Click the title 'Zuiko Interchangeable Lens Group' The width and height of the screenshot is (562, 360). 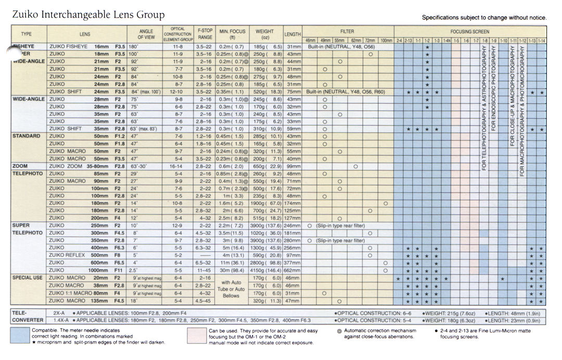88,15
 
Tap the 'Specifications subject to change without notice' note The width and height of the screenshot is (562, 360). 484,18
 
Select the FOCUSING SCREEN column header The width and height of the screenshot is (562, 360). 469,32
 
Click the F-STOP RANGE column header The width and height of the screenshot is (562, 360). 205,34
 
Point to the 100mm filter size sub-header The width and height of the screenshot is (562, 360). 386,40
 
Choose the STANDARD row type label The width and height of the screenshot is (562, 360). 26,136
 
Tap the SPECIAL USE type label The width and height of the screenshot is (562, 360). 27,278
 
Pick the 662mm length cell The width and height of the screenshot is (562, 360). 293,271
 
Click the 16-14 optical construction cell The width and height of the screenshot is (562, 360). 177,166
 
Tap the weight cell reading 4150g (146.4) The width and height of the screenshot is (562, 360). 265,271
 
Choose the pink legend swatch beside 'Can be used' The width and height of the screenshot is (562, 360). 197,336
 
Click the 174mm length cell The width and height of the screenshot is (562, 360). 293,203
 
